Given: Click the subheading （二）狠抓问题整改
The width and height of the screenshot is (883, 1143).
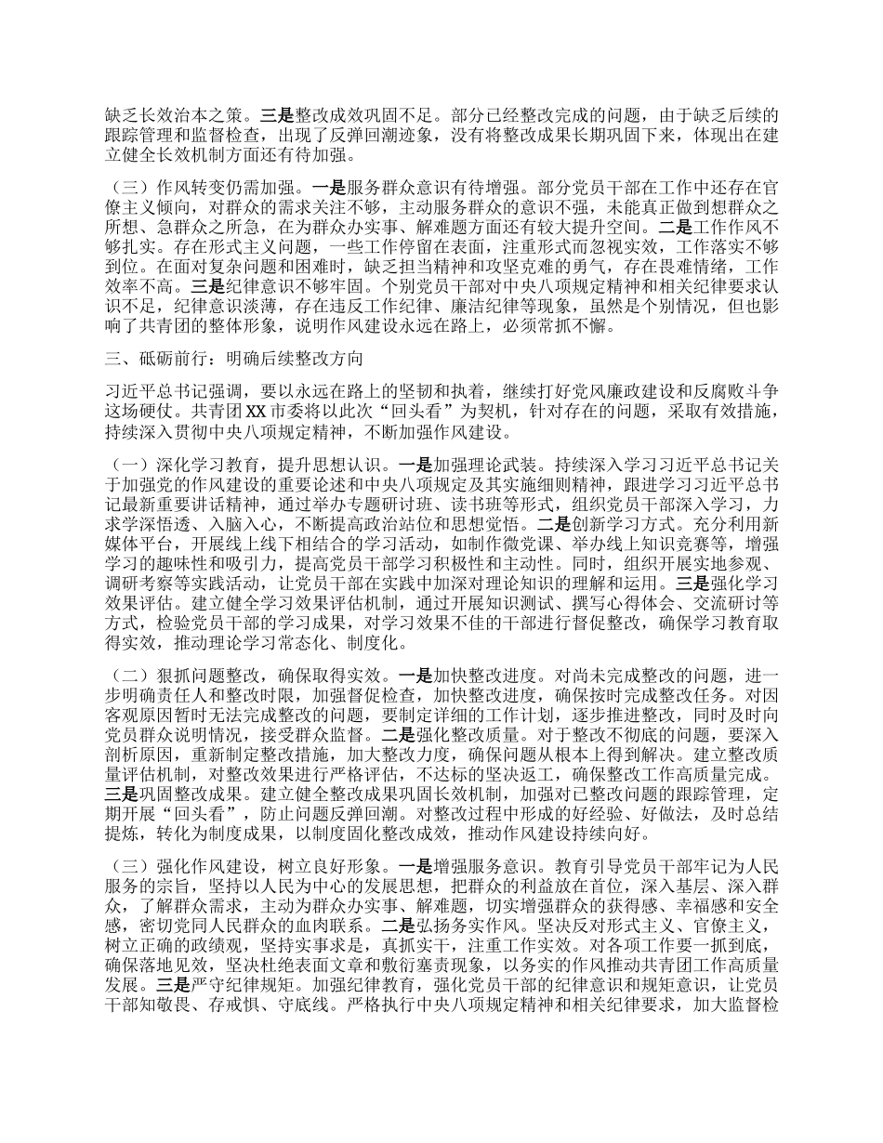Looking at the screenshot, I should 175,677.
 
